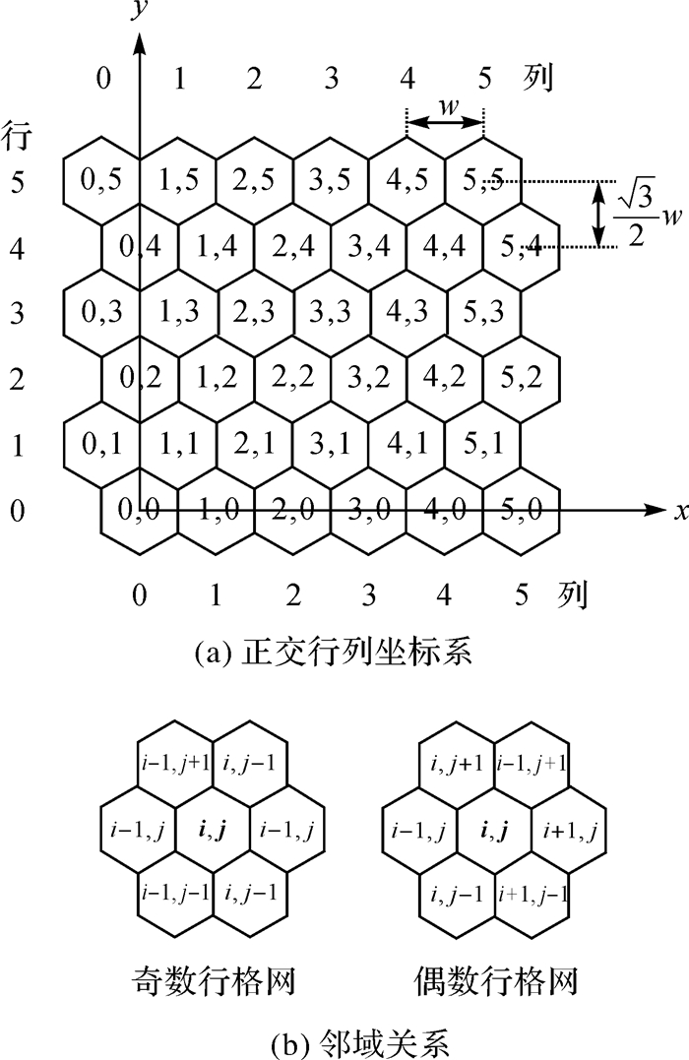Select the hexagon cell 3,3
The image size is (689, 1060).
[331, 313]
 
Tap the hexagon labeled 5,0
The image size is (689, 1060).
[523, 510]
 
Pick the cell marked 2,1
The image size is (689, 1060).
[255, 445]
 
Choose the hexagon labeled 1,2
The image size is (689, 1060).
[216, 379]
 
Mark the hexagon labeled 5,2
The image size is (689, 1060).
[523, 379]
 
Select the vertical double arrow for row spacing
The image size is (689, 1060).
[598, 214]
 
